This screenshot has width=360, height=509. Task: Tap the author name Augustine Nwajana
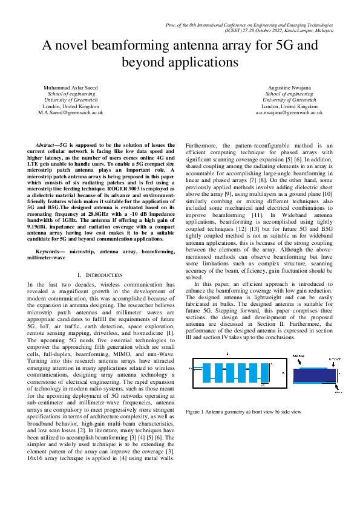[289, 88]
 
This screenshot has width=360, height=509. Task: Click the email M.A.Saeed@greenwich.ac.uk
[71, 112]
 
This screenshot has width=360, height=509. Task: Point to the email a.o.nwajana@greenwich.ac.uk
[289, 112]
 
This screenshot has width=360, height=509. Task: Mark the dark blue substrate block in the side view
[313, 375]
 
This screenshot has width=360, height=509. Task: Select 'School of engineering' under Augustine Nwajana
[289, 94]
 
